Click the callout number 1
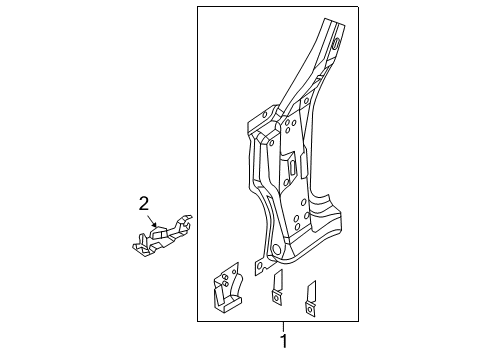pos(283,341)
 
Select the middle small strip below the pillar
pos(277,286)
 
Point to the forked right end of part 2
pos(186,226)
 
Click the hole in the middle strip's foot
pos(274,297)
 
